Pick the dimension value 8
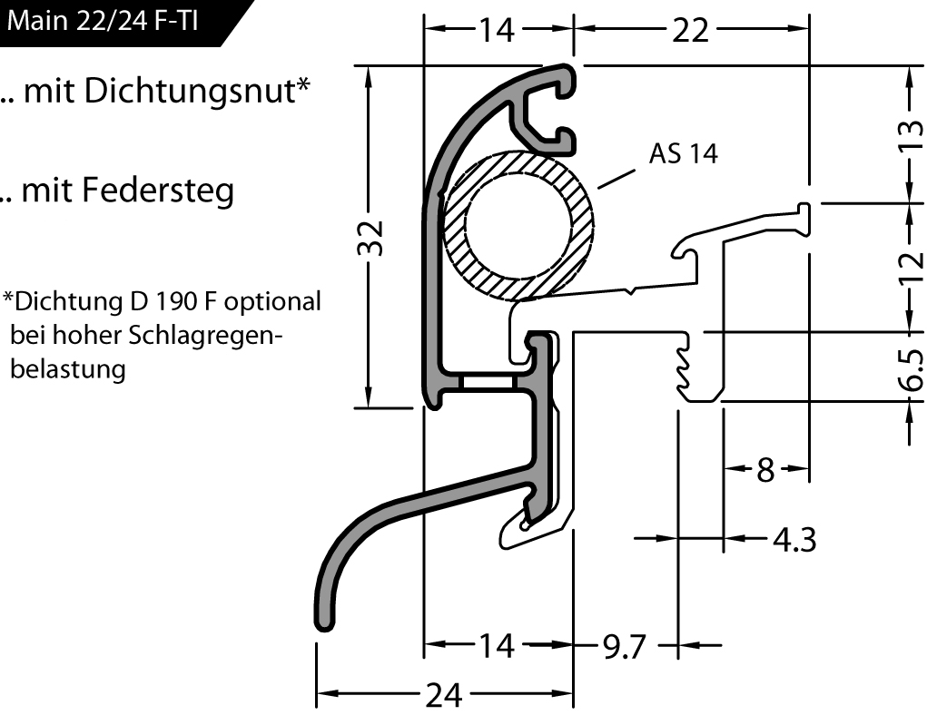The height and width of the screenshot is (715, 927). coord(765,470)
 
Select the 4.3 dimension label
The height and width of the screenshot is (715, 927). coord(794,540)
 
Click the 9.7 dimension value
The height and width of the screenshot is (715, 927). coord(623,647)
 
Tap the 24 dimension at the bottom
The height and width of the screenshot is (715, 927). coord(445,696)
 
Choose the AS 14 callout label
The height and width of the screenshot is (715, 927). coord(683,154)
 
